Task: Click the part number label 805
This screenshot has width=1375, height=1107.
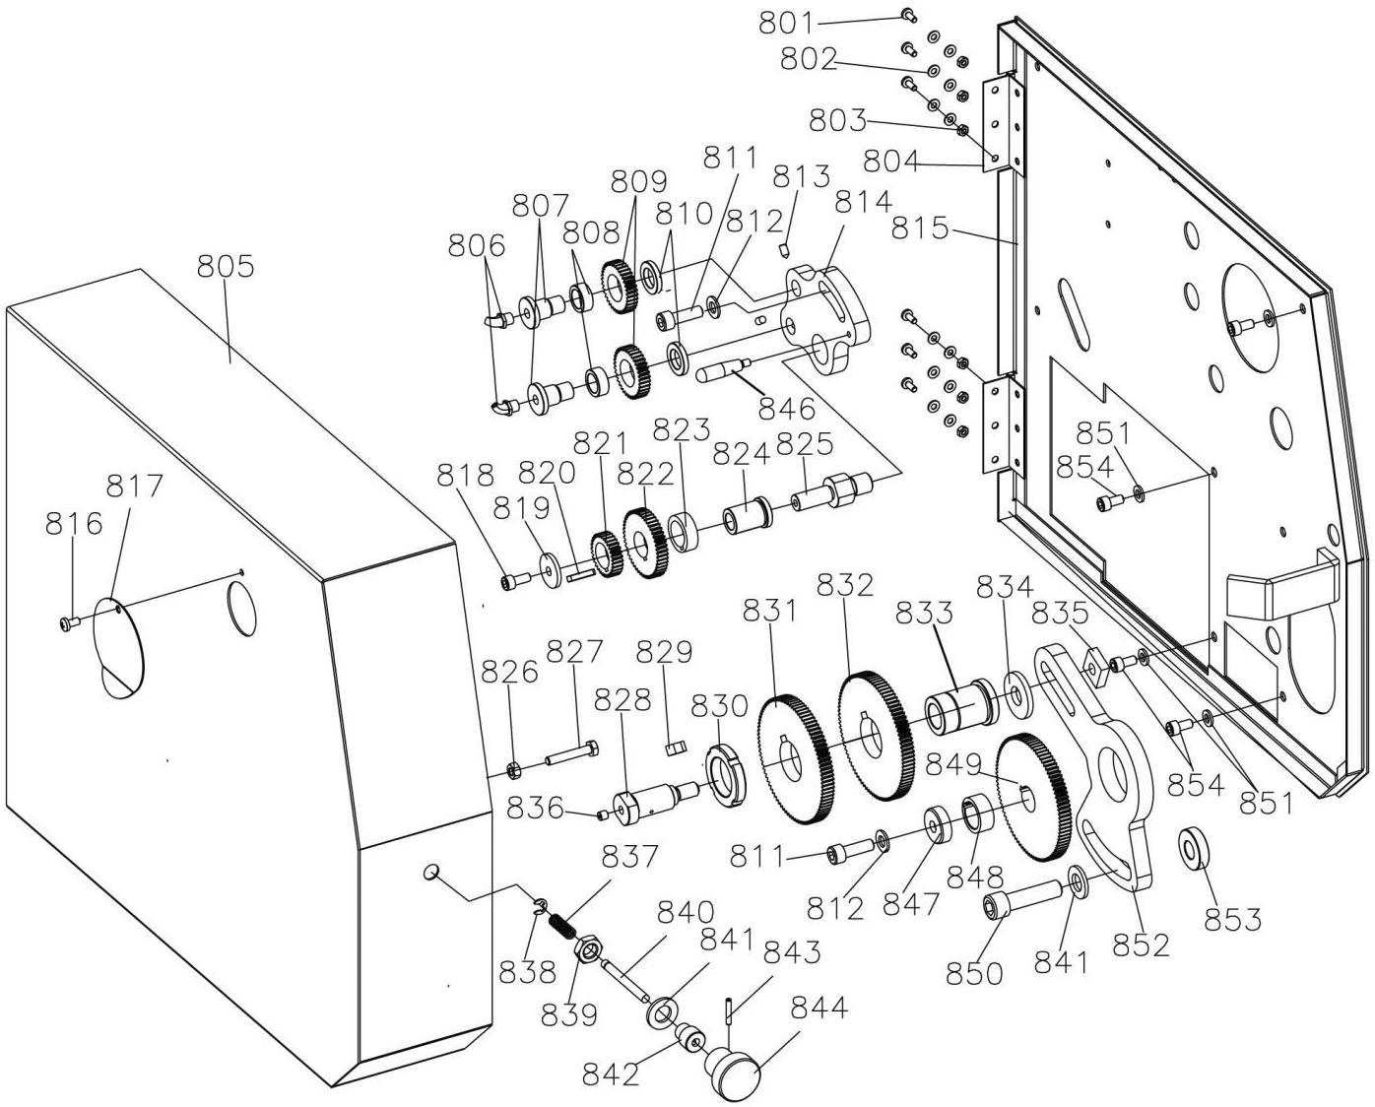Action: coord(225,267)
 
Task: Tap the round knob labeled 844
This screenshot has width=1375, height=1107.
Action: coord(733,1075)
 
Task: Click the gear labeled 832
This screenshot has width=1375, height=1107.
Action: coord(876,735)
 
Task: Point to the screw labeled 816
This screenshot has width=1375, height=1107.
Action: coord(69,622)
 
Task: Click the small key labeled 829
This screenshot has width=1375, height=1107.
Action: coord(676,747)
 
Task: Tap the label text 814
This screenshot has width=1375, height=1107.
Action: coord(863,202)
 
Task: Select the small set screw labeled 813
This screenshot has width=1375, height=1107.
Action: coord(787,247)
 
